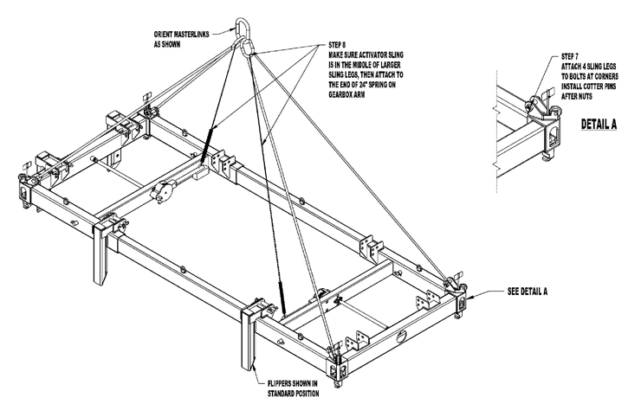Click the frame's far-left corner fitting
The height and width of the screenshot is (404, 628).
click(25, 189)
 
